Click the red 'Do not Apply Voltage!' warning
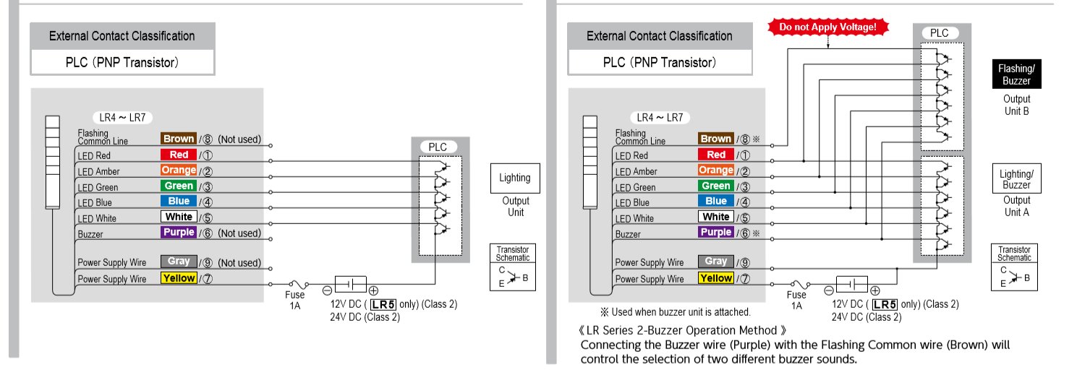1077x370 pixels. pyautogui.click(x=827, y=27)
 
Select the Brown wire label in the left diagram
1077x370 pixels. pyautogui.click(x=178, y=139)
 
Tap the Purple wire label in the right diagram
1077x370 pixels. pyautogui.click(x=715, y=232)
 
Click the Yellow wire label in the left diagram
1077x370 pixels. pyautogui.click(x=178, y=278)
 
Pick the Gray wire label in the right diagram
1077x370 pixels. pyautogui.click(x=715, y=262)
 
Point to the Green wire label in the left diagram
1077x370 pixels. pyautogui.click(x=178, y=186)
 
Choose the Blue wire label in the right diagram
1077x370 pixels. pyautogui.click(x=715, y=201)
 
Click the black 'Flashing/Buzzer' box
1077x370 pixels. pyautogui.click(x=1016, y=74)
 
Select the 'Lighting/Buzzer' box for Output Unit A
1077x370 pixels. pyautogui.click(x=1016, y=179)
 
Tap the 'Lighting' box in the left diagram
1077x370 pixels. pyautogui.click(x=514, y=178)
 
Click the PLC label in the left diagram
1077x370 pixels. pyautogui.click(x=438, y=147)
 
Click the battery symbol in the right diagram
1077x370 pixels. pyautogui.click(x=851, y=283)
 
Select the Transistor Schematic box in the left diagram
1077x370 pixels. pyautogui.click(x=513, y=267)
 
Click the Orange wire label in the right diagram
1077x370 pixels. pyautogui.click(x=715, y=170)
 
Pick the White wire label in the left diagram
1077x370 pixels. pyautogui.click(x=178, y=217)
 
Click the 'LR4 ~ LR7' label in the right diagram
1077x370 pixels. pyautogui.click(x=660, y=117)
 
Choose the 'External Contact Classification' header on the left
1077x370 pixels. pyautogui.click(x=122, y=35)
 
